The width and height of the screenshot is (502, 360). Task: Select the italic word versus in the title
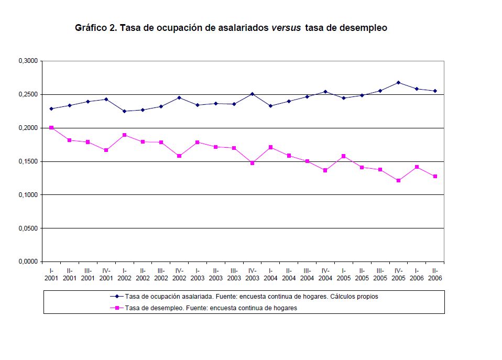286,28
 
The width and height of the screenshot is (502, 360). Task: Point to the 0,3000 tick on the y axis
29,61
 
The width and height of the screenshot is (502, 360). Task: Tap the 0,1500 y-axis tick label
29,161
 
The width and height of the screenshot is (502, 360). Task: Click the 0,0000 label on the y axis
29,261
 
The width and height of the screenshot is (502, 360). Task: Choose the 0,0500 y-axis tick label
29,228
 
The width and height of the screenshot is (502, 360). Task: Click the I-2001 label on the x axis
51,275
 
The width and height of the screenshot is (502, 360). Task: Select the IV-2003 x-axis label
252,275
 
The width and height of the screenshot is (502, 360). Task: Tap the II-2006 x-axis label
435,275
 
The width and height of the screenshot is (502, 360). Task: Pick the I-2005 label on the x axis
344,275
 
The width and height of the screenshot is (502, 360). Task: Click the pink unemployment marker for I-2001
51,128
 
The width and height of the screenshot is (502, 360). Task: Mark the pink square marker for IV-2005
398,181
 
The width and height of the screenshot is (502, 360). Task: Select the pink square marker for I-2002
124,135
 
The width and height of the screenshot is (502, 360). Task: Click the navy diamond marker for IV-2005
398,82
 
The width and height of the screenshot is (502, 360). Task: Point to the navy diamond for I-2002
124,111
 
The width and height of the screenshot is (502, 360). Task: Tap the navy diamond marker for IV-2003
252,94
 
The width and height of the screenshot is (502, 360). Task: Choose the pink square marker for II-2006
435,176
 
